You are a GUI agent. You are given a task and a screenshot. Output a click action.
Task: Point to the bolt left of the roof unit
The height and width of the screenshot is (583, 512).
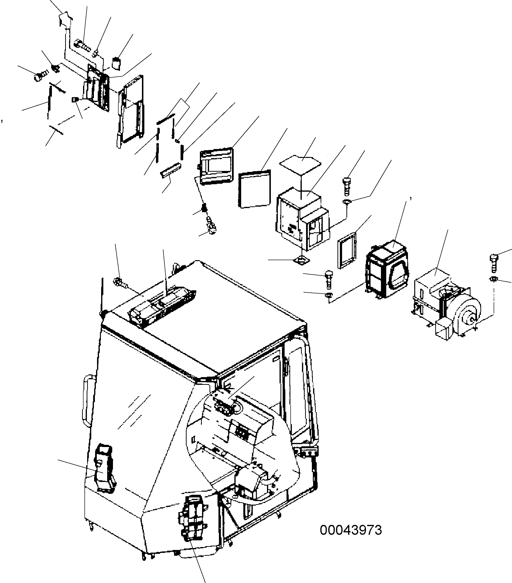coord(120,282)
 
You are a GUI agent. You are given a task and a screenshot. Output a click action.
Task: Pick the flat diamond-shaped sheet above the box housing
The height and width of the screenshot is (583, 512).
coord(300,165)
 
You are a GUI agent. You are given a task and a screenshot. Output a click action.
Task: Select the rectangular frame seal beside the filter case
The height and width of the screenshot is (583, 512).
coord(347,250)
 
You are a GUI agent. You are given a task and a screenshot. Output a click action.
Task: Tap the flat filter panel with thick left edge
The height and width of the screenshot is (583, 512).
coord(254,189)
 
